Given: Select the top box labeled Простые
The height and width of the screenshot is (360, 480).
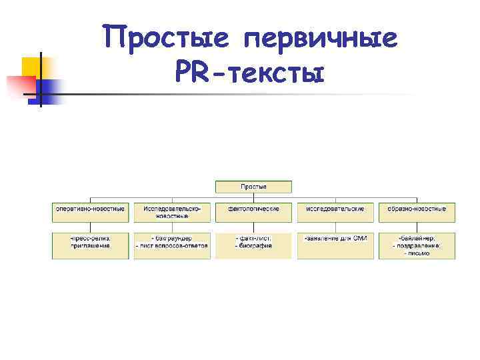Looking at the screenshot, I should click(253, 187).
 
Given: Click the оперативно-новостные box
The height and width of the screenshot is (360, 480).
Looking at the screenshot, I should click(90, 212).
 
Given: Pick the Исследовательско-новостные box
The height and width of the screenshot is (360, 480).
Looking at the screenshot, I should click(172, 212).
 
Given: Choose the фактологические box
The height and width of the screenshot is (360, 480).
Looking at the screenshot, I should click(253, 212).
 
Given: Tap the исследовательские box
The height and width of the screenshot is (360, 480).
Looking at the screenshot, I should click(335, 212).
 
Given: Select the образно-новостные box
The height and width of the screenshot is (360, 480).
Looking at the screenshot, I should click(417, 212).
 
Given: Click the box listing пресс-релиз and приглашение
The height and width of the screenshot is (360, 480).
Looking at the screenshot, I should click(90, 245).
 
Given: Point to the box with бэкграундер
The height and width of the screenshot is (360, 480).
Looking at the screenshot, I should click(172, 245).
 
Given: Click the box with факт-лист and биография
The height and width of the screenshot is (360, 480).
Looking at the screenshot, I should click(253, 245).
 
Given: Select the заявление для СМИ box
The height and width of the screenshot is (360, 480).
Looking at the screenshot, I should click(335, 245).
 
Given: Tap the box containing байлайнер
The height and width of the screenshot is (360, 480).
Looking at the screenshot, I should click(417, 245).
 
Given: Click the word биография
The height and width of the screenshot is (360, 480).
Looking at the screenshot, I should click(253, 246).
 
